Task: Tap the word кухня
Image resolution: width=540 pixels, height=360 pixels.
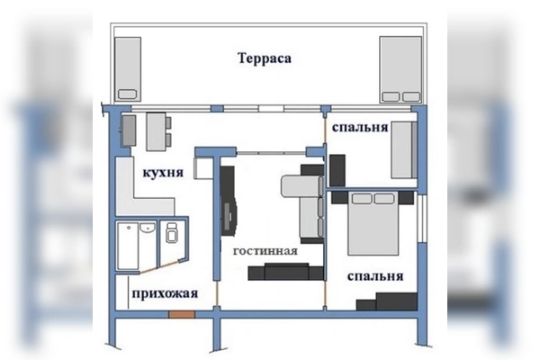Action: (x=163, y=173)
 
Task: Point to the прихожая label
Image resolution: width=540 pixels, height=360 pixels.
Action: (x=164, y=293)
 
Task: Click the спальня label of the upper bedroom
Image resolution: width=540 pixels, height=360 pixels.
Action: (x=359, y=128)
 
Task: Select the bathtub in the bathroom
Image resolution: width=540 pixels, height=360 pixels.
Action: (x=134, y=245)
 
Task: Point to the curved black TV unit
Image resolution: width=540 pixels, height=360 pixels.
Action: (x=229, y=202)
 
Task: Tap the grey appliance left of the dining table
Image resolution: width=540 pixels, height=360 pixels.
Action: (x=128, y=131)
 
